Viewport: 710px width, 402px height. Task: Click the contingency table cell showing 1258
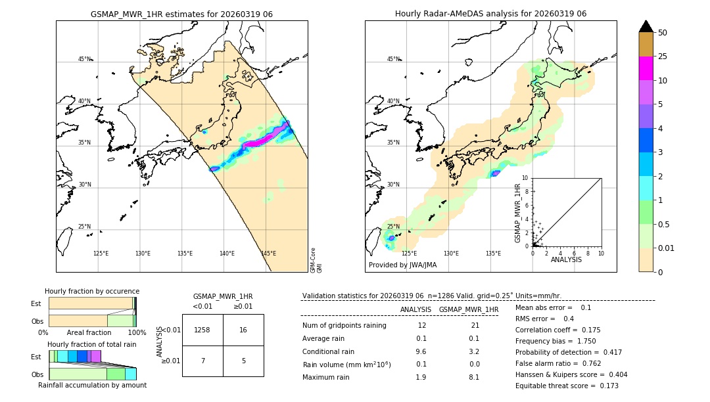pos(202,330)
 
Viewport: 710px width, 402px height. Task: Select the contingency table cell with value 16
pos(243,330)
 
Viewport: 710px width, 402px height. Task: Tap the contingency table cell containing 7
pos(202,361)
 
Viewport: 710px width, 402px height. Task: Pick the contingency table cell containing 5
pos(243,361)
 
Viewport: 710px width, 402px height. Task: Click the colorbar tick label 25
pos(663,56)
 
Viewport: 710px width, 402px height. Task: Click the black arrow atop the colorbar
pos(646,26)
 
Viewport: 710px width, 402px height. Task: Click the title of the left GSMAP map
pos(181,14)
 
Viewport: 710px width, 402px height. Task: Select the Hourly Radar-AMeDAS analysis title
pos(490,14)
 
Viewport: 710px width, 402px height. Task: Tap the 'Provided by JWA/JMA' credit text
pos(402,265)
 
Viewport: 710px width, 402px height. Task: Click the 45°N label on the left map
pos(84,59)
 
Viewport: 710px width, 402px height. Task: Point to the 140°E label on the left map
pos(227,254)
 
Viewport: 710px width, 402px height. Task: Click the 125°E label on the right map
pos(409,254)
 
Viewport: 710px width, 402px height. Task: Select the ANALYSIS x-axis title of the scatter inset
pos(566,259)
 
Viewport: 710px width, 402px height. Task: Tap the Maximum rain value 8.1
pos(473,377)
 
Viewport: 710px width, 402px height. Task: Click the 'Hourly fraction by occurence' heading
pos(92,291)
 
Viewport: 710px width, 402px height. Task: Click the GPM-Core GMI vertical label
pos(316,260)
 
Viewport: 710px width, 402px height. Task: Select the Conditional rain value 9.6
pos(421,351)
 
